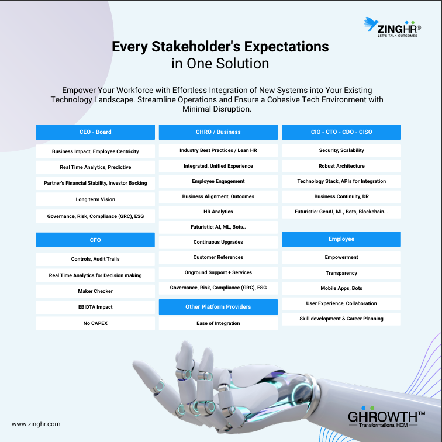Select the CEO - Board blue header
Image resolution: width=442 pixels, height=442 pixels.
[x=95, y=132]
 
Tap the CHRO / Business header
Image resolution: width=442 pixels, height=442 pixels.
[x=218, y=132]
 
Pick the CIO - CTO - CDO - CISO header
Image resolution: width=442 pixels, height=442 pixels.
[x=341, y=132]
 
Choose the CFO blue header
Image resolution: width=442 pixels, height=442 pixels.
[x=95, y=240]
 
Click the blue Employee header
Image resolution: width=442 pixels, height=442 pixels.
[x=341, y=239]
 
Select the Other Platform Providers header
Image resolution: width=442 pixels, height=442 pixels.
[x=218, y=307]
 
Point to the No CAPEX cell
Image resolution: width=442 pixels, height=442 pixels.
[x=95, y=323]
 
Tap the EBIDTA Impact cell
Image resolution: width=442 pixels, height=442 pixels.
[x=95, y=307]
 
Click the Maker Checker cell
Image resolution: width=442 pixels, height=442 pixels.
[x=95, y=291]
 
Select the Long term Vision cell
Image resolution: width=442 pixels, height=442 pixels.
[x=95, y=199]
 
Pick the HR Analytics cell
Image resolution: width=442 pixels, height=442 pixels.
[x=218, y=212]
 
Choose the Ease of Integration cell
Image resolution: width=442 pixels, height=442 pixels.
[x=218, y=323]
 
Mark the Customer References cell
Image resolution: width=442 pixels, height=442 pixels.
[x=218, y=257]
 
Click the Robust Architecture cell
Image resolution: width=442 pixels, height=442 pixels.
[x=341, y=166]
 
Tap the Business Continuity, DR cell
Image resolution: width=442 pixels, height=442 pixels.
[x=341, y=196]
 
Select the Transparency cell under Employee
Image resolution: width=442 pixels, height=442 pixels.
[x=341, y=273]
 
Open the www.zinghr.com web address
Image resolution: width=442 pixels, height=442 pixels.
[x=36, y=424]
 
